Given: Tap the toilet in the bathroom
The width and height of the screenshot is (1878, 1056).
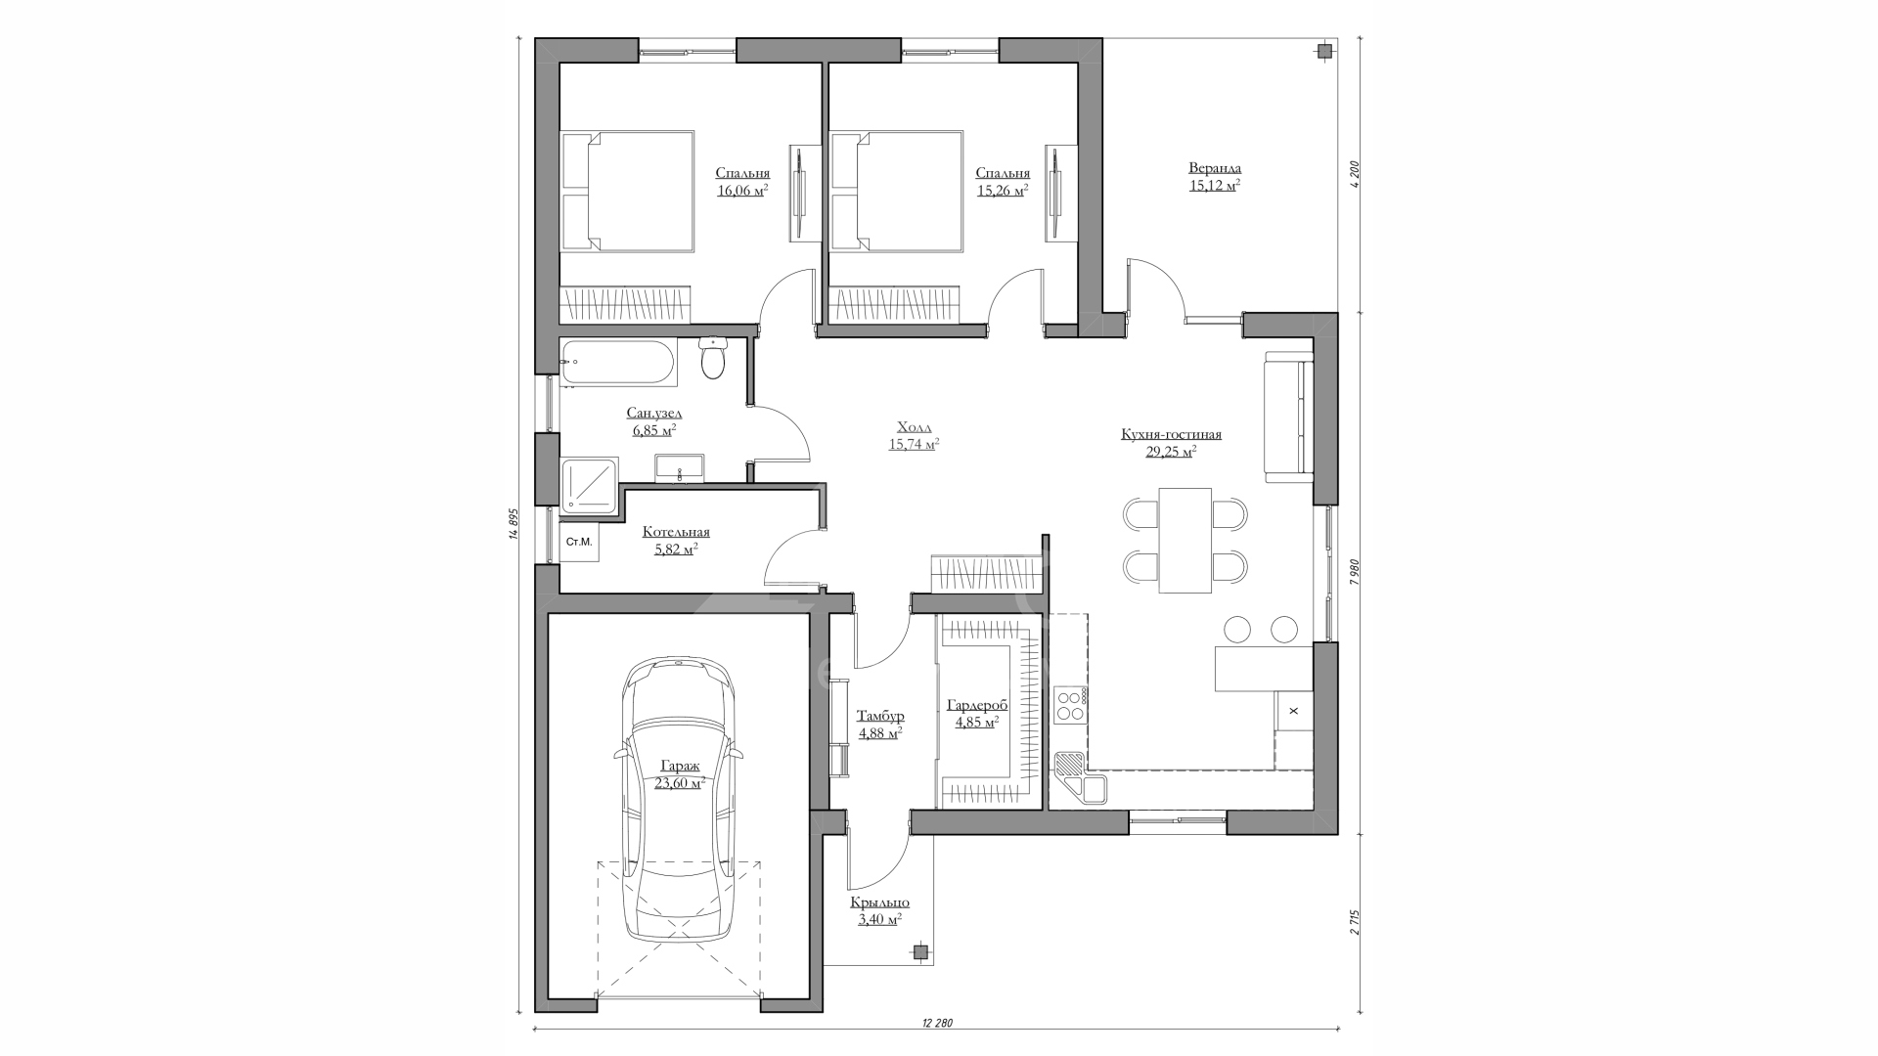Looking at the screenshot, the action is (713, 359).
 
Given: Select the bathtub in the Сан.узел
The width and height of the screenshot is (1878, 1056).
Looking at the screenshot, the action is (618, 363).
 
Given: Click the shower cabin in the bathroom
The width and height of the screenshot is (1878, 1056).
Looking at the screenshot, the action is (589, 484).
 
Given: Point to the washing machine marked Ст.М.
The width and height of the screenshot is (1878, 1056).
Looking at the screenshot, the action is (579, 542).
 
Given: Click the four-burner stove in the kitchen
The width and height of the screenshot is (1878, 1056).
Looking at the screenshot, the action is (1070, 705).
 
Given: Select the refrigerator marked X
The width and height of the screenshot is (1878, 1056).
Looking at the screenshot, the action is (1294, 710).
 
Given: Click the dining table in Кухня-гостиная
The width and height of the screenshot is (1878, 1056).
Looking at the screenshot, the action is (1185, 540).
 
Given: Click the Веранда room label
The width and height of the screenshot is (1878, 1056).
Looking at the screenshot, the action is (1215, 168).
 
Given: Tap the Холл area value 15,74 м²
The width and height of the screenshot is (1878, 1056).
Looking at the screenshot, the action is (914, 444).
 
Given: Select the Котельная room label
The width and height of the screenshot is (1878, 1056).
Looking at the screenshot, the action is (676, 532).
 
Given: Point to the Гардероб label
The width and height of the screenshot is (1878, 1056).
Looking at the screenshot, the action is (977, 705).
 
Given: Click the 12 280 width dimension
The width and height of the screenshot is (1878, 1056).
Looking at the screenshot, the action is (936, 1023).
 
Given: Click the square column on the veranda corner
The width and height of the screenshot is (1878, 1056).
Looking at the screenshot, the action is (1323, 51).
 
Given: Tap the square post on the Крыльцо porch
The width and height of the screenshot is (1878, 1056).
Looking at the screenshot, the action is (920, 949).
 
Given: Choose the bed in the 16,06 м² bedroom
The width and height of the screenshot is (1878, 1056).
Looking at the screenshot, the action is (627, 192).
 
